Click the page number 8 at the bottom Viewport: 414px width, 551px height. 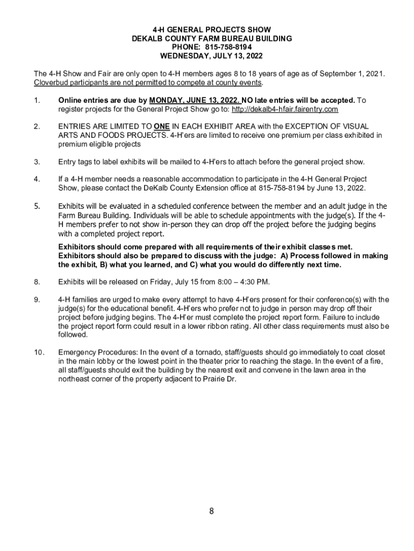(x=212, y=511)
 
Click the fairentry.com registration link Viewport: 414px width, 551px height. (x=285, y=110)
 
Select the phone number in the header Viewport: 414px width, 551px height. (x=227, y=47)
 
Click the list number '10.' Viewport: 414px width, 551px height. (x=38, y=352)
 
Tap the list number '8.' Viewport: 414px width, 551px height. (x=37, y=281)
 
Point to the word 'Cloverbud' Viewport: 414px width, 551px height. (x=51, y=83)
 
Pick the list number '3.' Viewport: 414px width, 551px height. (x=37, y=161)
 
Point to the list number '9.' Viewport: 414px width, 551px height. (x=37, y=300)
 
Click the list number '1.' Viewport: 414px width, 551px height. (x=37, y=101)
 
